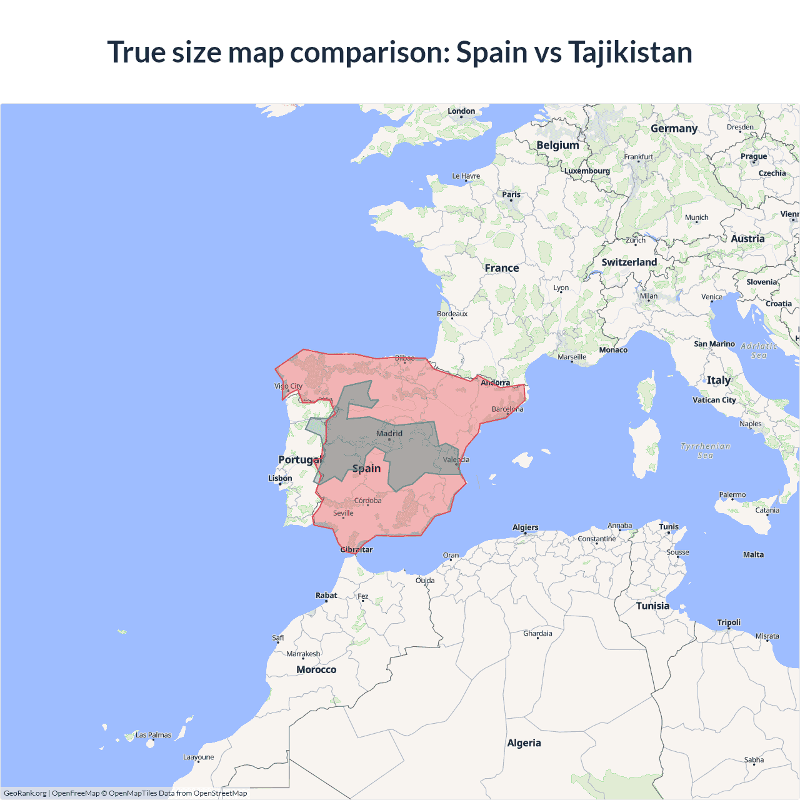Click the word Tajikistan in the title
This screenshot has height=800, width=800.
[x=630, y=52]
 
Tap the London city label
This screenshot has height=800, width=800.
[x=461, y=111]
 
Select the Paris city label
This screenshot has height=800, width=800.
[x=511, y=194]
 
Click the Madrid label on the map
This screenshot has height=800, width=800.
[x=389, y=433]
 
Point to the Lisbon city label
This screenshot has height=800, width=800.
[x=280, y=478]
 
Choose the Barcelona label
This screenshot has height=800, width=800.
[x=507, y=409]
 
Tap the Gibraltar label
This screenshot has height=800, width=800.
[x=356, y=550]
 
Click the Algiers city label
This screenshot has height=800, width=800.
[x=525, y=527]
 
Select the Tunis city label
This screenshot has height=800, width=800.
[x=668, y=527]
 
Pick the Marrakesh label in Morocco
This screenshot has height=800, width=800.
[x=303, y=654]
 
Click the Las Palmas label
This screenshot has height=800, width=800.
[x=153, y=735]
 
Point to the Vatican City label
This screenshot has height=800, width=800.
[x=714, y=400]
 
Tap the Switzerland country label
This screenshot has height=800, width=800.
[x=629, y=262]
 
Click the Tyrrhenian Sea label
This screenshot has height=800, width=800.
[x=705, y=451]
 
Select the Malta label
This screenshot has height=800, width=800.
[x=753, y=554]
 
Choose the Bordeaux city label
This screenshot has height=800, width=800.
[x=452, y=314]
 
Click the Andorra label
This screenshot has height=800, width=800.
[x=495, y=382]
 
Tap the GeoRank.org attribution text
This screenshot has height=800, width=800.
[x=25, y=793]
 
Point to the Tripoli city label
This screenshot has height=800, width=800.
[x=729, y=622]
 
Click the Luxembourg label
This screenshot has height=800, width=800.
[x=587, y=171]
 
